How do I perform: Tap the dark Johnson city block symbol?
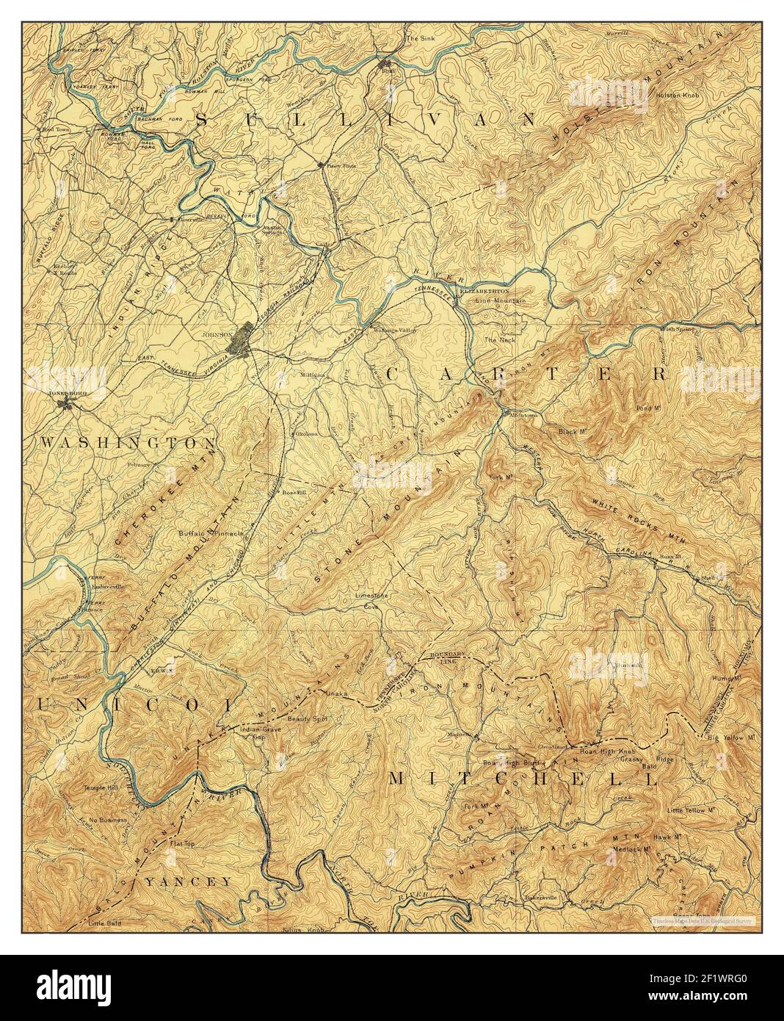pyautogui.click(x=243, y=340)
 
